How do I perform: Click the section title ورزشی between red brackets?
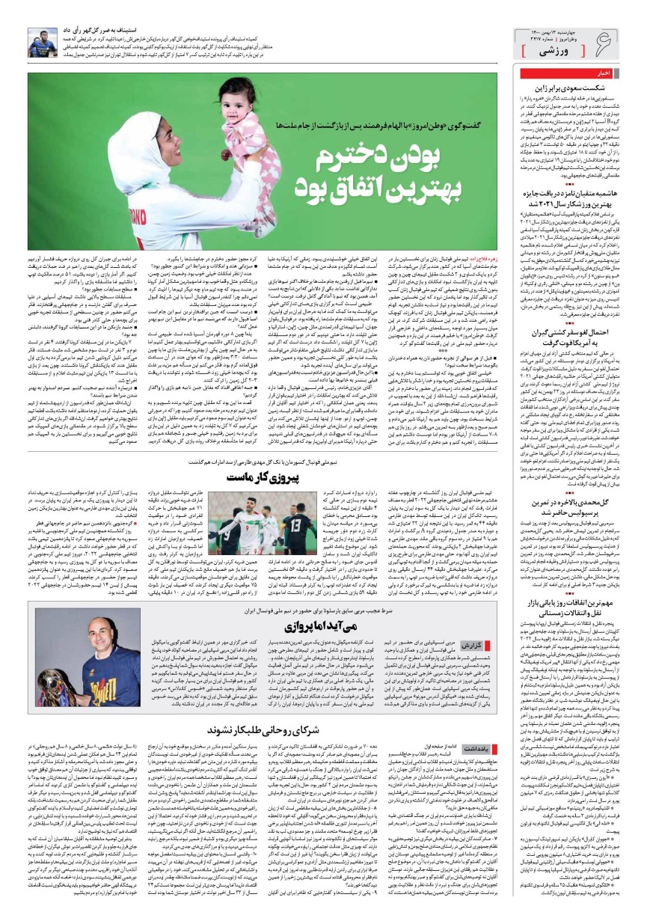(556, 49)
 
